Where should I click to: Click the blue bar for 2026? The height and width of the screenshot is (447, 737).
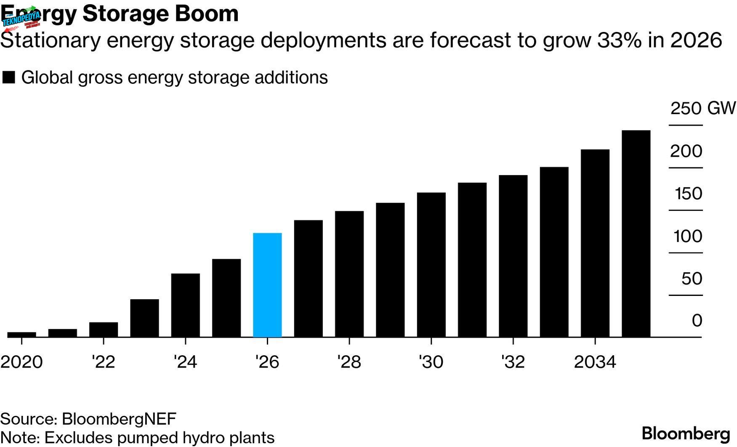[x=267, y=285]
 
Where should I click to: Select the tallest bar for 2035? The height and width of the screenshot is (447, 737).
[x=636, y=234]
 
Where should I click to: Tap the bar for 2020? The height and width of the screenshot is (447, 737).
[x=22, y=335]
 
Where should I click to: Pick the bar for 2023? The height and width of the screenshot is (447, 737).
[x=144, y=318]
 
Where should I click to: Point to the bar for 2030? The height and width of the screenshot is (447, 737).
[x=431, y=265]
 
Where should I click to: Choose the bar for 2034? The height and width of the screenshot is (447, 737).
[x=595, y=243]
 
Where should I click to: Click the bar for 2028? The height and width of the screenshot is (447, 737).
[x=349, y=274]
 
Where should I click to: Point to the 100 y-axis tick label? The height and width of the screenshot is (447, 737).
[x=688, y=237]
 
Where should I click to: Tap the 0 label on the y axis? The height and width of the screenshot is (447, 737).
[x=697, y=321]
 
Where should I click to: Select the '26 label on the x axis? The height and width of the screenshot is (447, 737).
[x=267, y=362]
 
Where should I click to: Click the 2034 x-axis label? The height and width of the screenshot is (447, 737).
[x=595, y=362]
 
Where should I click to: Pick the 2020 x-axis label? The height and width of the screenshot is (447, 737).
[x=21, y=362]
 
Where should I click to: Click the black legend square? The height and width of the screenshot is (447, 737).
[x=8, y=77]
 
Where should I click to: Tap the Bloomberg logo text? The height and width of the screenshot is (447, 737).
[x=686, y=434]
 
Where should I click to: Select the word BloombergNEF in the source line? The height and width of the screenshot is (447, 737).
[x=119, y=419]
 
